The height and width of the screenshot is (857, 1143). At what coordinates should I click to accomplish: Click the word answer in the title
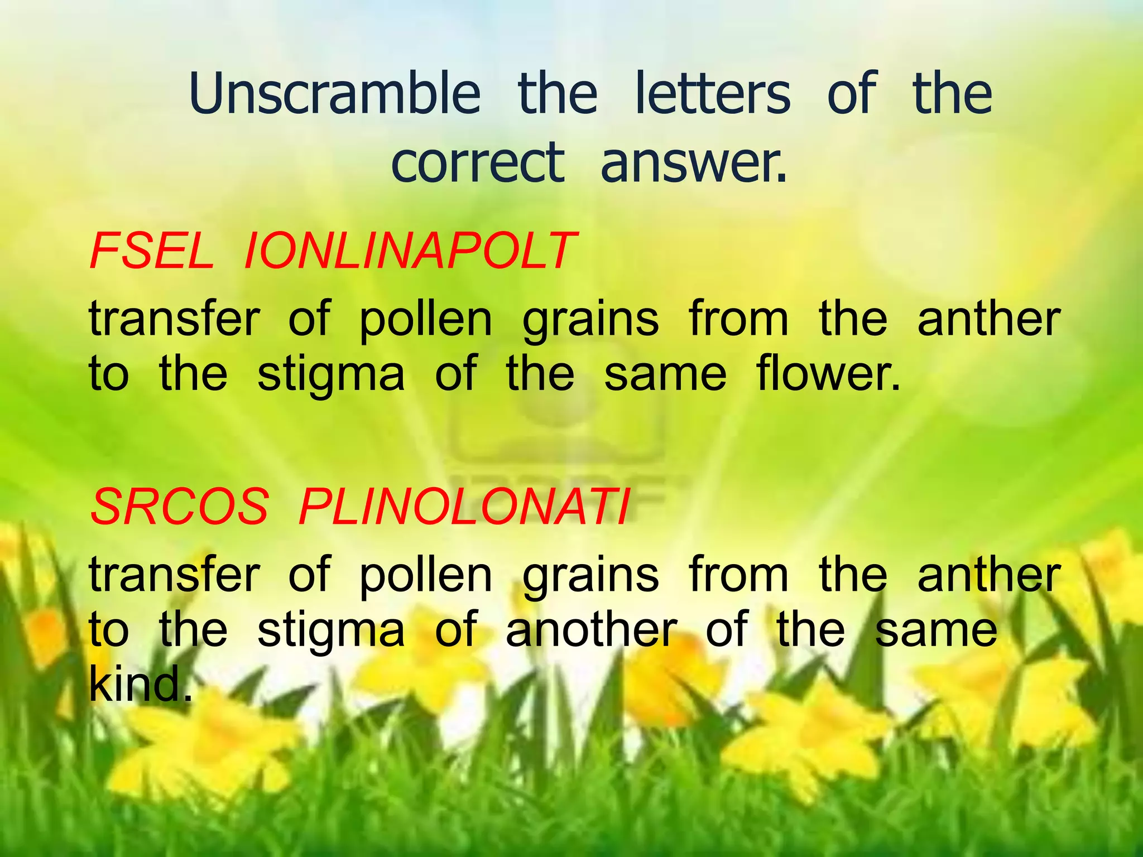pos(693,163)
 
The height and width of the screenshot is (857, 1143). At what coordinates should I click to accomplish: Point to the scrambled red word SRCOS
pos(180,507)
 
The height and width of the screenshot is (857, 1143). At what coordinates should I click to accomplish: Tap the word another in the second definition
pos(591,630)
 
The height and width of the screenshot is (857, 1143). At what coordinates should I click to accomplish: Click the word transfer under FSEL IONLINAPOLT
pos(175,319)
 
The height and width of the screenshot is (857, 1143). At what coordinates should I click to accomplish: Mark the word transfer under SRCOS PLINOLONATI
pos(175,575)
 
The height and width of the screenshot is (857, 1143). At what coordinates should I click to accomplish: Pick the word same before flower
pos(665,375)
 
